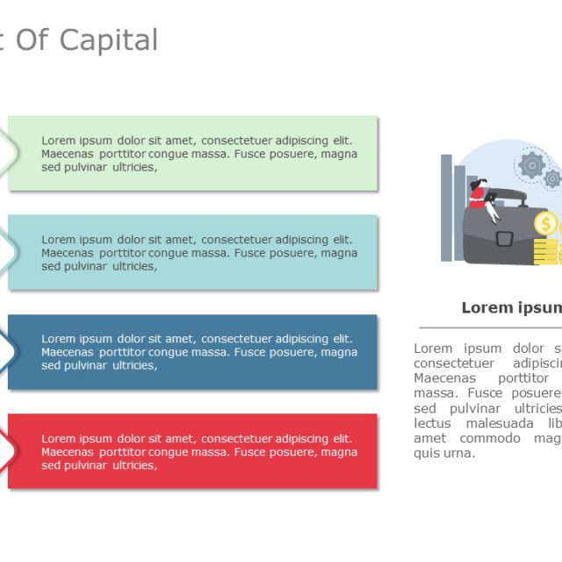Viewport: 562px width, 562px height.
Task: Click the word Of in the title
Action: coord(32,40)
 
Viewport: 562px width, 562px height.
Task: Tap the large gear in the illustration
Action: coord(531,164)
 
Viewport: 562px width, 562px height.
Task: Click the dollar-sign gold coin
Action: coord(546,224)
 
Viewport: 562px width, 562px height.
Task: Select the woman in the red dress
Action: coord(479,195)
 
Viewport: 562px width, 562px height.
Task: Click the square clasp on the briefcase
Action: coord(504,238)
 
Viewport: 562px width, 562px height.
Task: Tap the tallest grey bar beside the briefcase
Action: coord(446,207)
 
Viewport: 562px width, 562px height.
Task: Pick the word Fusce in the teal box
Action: coord(249,253)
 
